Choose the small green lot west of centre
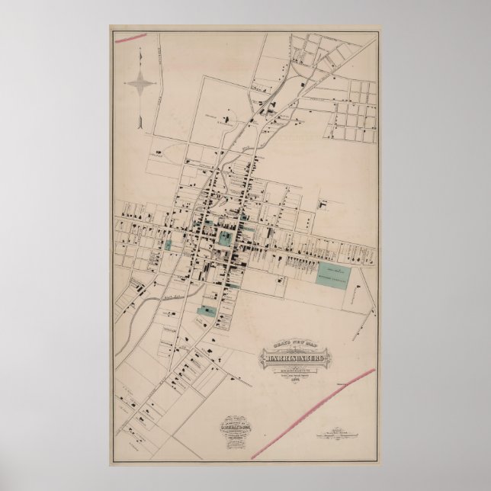[x=168, y=245]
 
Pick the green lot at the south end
[x=204, y=310]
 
